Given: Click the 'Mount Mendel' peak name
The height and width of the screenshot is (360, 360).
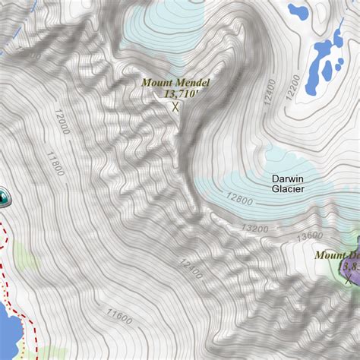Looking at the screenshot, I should (x=175, y=82).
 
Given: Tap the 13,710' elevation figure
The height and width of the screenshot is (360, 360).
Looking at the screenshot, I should (x=180, y=93).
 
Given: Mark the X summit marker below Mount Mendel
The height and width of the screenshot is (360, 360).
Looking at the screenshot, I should (x=175, y=107).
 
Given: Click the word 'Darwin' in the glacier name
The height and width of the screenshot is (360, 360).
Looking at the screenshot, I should (x=289, y=178).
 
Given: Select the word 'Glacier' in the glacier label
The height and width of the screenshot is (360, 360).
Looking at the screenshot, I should (x=288, y=189).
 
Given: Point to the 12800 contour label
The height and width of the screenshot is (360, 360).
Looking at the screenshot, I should (x=239, y=200).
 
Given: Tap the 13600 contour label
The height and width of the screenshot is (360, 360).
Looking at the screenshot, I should (x=309, y=236).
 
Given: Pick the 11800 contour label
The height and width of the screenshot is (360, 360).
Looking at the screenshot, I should (x=54, y=163).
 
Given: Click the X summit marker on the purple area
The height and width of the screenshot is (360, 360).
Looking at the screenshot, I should (x=349, y=280).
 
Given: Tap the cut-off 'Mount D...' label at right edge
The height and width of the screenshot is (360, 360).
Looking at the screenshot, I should (x=337, y=255).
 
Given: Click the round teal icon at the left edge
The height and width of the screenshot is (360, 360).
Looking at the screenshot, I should (x=5, y=197).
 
